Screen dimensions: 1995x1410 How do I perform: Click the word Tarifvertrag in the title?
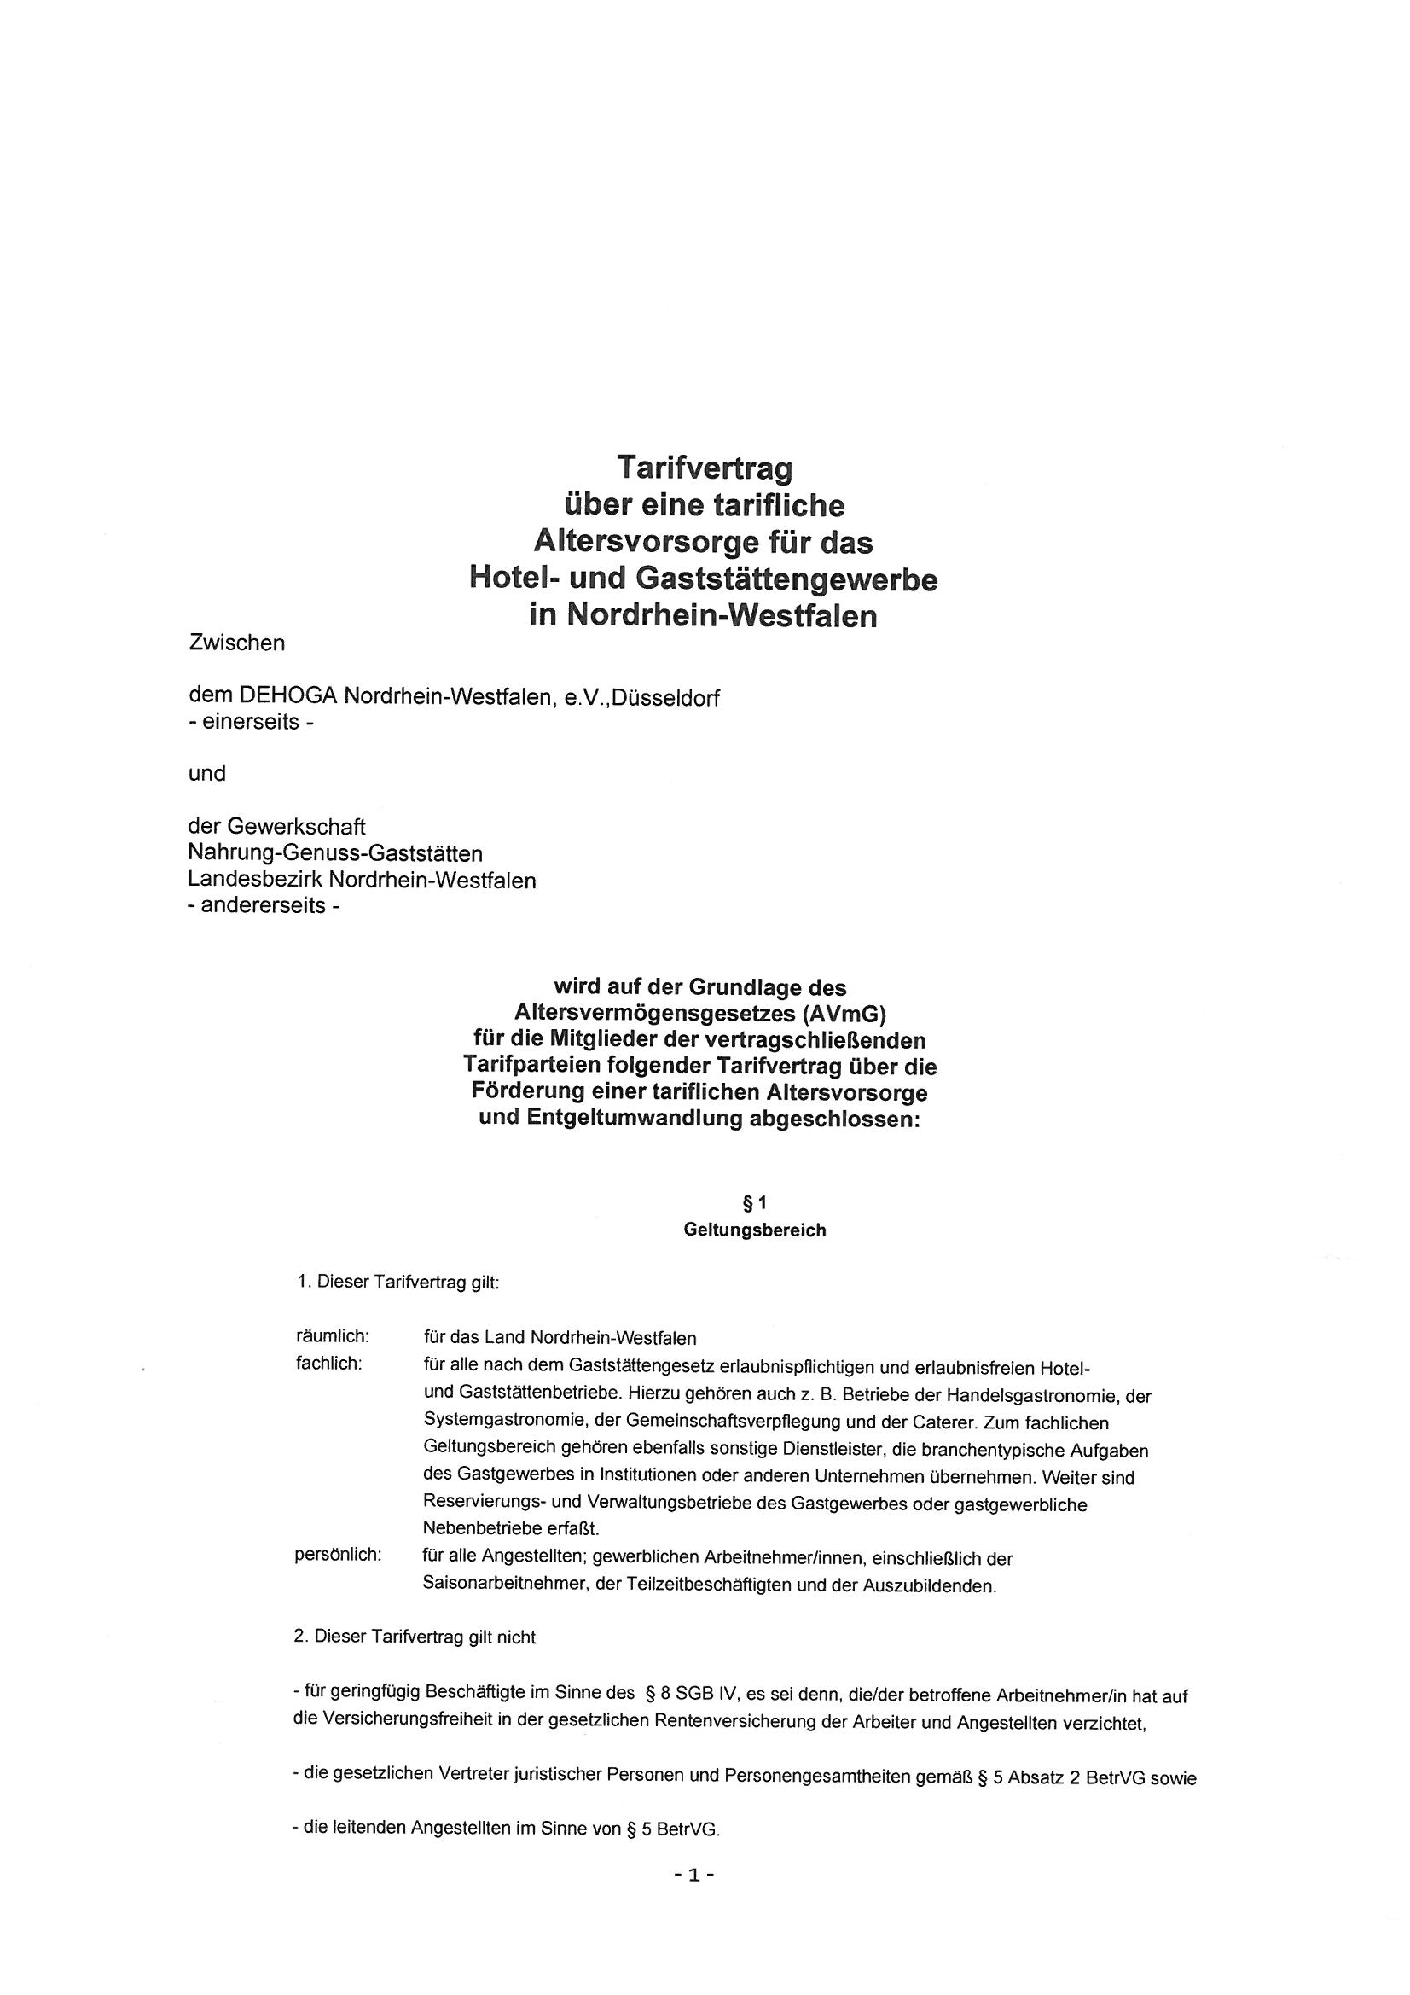(705, 469)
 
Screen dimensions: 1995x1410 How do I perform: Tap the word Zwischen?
(236, 643)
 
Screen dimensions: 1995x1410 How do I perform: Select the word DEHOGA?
(287, 698)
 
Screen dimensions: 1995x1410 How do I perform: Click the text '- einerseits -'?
(251, 723)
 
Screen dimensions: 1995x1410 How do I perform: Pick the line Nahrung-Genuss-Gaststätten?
(335, 854)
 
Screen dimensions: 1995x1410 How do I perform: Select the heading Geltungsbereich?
(754, 1230)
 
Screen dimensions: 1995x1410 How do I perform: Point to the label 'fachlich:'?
(328, 1364)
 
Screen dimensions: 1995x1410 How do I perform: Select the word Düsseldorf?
(665, 698)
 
